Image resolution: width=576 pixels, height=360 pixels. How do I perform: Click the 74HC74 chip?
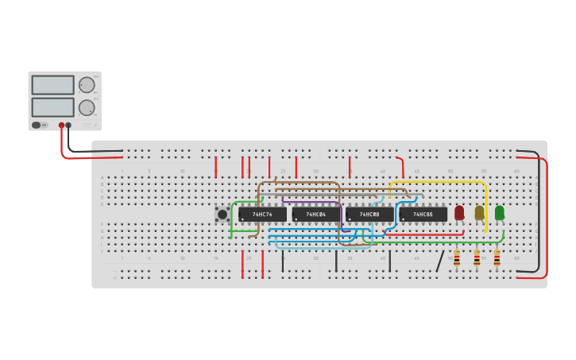[262, 215]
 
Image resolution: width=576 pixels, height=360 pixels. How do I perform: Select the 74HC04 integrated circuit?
[316, 215]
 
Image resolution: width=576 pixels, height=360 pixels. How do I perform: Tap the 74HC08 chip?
[369, 215]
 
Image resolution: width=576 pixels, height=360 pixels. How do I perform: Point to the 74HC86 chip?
[423, 215]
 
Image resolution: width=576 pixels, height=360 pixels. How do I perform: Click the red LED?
[459, 212]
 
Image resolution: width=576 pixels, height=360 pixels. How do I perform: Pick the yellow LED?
[479, 212]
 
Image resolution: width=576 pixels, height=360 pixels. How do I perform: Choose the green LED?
[499, 212]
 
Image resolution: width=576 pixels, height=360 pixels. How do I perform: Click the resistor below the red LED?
[457, 259]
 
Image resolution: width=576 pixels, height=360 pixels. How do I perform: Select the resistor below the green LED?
[497, 259]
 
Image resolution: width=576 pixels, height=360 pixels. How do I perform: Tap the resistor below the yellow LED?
[477, 259]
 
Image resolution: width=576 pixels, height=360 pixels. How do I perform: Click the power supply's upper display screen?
[52, 85]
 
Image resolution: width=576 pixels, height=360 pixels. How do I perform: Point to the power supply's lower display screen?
[52, 107]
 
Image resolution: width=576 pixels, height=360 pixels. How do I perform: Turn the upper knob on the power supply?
[87, 85]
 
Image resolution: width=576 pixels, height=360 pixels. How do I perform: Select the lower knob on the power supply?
[87, 107]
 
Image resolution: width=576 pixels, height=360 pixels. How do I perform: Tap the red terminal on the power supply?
[61, 125]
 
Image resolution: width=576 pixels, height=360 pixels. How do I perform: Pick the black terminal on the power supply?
[68, 125]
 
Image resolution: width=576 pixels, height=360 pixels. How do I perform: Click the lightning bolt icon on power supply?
[95, 125]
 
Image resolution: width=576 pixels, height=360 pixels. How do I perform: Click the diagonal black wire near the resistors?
[440, 261]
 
